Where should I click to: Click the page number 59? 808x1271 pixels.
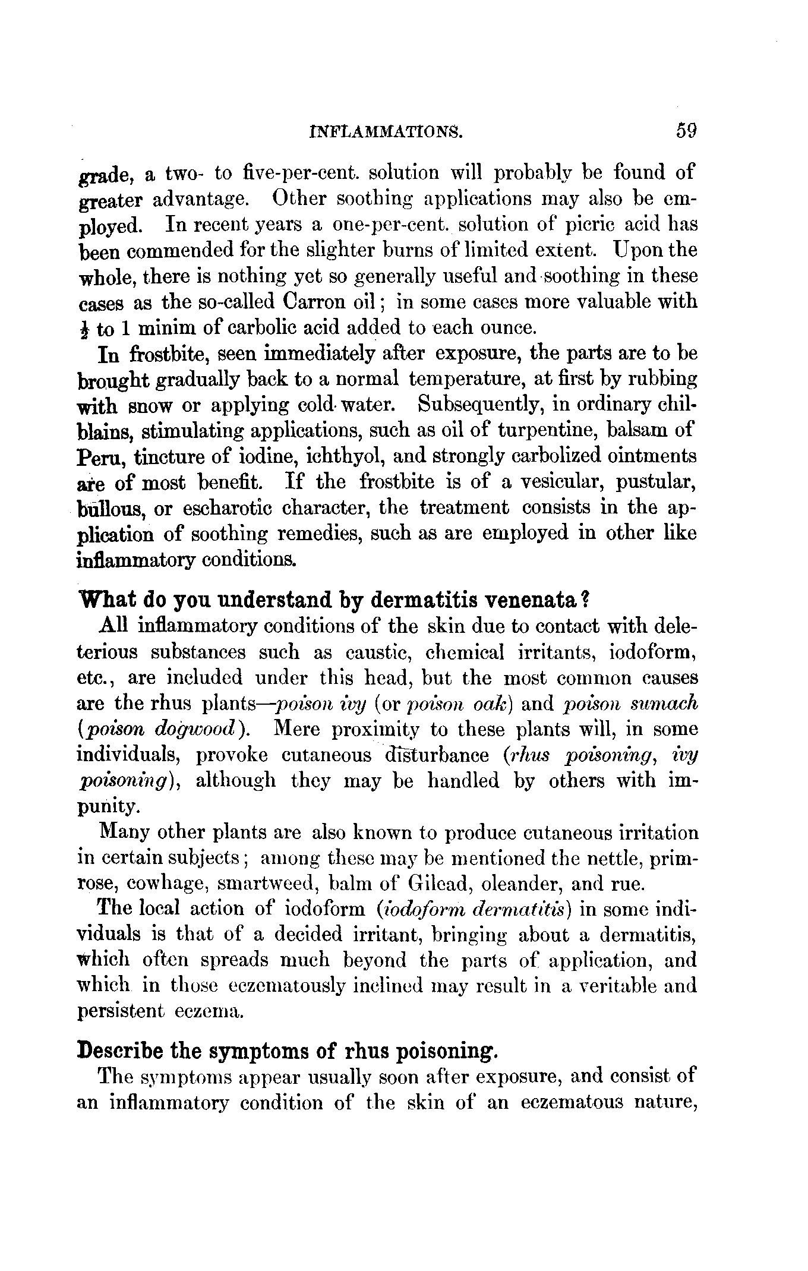685,130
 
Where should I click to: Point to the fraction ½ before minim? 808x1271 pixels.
84,328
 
